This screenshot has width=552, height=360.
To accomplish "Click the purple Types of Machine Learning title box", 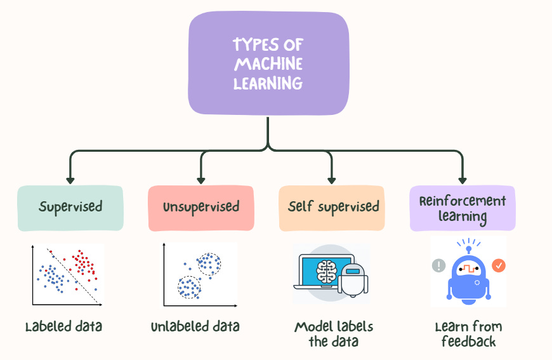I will [268, 64].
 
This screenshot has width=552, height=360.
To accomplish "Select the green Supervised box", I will [70, 208].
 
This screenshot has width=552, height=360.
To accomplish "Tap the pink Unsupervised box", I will [200, 208].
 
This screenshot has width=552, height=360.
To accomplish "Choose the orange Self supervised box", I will [332, 208].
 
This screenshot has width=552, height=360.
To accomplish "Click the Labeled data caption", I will [63, 328].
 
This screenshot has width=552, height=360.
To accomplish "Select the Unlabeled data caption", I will [195, 328].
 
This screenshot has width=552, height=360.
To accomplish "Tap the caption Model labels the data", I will [334, 334].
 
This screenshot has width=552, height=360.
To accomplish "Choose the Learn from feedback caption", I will [468, 334].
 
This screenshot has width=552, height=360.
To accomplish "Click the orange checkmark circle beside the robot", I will [499, 265].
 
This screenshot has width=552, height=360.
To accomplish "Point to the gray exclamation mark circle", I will [438, 266].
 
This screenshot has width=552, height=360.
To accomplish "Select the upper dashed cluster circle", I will [207, 263].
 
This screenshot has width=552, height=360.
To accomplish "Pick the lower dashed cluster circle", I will [188, 287].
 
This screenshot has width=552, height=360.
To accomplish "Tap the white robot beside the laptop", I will [352, 279].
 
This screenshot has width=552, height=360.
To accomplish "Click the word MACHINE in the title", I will [268, 64].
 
